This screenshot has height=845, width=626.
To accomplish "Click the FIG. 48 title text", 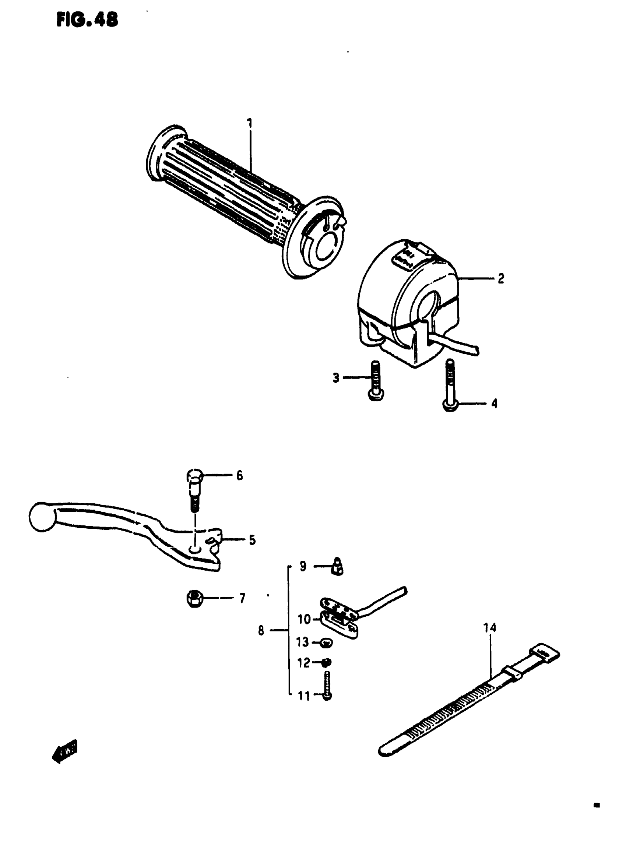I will [x=88, y=20].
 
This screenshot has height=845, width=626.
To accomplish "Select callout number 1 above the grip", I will [x=249, y=124].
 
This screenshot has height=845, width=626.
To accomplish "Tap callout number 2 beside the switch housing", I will [x=500, y=278].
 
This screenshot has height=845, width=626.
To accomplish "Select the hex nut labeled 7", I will [x=194, y=598].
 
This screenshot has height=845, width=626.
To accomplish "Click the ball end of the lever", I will [x=42, y=517].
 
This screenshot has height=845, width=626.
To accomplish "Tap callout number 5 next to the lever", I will [x=252, y=540].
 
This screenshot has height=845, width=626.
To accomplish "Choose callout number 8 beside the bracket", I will [x=261, y=631].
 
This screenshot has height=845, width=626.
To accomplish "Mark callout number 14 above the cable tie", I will [x=490, y=628].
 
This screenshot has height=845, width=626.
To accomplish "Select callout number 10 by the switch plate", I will [x=304, y=619].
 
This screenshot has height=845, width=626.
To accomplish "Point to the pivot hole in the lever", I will [x=195, y=550].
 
